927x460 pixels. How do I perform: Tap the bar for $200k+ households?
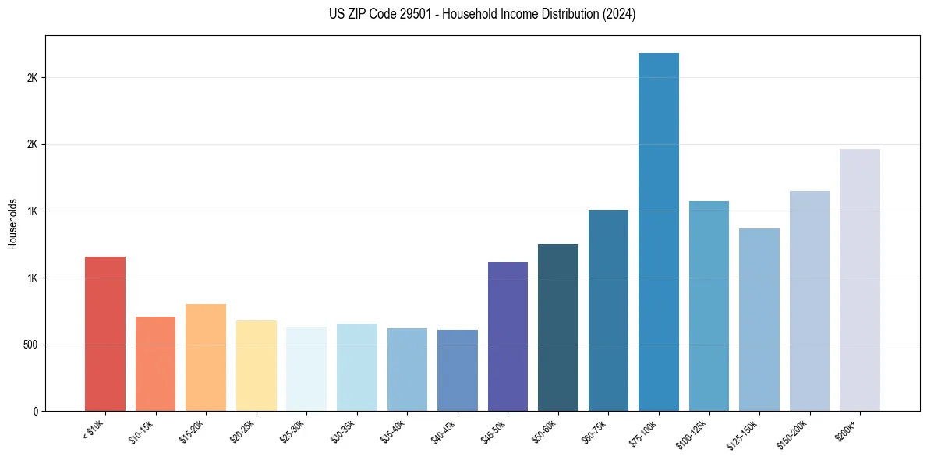[859, 280]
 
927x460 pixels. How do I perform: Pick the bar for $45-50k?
[508, 336]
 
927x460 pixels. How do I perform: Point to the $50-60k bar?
[557, 327]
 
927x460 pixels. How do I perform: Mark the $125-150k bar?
[759, 320]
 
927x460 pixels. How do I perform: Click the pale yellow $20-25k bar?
[256, 366]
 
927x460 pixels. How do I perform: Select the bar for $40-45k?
[457, 370]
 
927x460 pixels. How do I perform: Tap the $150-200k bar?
[809, 301]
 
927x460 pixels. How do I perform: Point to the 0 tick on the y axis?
[35, 411]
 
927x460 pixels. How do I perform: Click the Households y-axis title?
[12, 224]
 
